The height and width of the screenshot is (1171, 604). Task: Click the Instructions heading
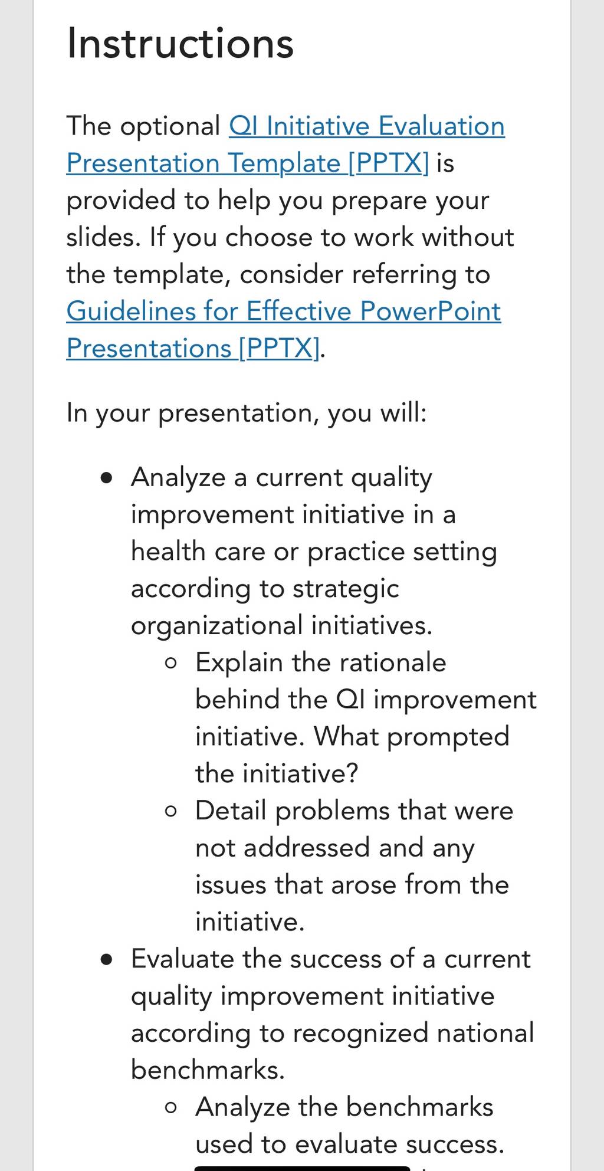(180, 43)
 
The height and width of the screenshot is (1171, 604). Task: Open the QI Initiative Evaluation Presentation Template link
(285, 145)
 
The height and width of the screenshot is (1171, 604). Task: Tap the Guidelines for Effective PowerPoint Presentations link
(284, 330)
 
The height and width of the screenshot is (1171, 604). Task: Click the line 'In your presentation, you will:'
(247, 413)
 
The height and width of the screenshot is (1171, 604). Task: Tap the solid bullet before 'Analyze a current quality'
(106, 478)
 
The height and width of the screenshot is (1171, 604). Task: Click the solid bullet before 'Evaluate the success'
(106, 960)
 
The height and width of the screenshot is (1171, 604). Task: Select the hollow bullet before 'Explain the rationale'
(171, 663)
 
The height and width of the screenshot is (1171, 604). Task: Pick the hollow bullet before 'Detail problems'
(171, 812)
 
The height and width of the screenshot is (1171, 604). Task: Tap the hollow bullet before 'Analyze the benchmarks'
(171, 1108)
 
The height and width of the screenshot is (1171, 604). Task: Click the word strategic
(346, 589)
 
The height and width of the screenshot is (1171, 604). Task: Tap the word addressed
(307, 848)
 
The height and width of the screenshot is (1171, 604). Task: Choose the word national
(485, 1033)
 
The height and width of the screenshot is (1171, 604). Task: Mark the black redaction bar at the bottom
(302, 1168)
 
